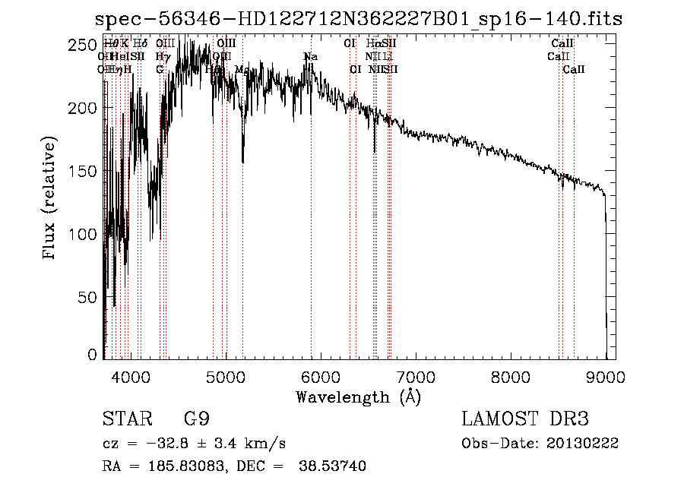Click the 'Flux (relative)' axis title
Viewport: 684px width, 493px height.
(50, 199)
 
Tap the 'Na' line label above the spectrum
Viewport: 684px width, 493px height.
(310, 56)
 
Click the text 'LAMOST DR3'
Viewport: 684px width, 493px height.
(525, 419)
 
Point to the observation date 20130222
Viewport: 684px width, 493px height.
(586, 443)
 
